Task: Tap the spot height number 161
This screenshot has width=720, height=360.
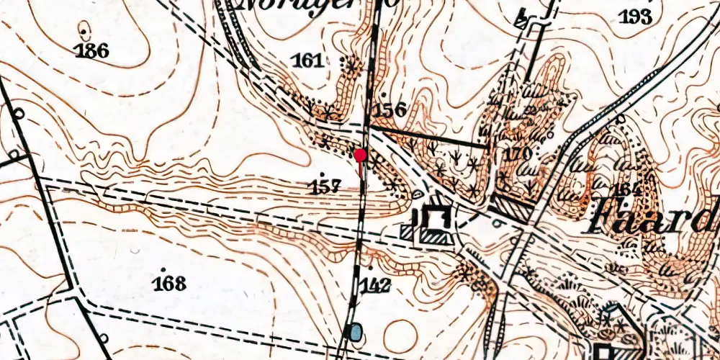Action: [x=308, y=60]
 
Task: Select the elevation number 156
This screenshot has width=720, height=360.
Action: [x=390, y=109]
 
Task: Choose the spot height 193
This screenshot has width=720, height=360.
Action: [x=636, y=17]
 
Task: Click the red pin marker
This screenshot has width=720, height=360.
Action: [x=360, y=154]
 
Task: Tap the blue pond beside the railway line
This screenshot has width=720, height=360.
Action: [x=355, y=332]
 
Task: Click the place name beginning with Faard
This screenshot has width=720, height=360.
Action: [x=652, y=217]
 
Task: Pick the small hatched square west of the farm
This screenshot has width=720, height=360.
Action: [x=407, y=231]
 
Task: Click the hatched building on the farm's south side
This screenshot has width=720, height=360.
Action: [x=434, y=235]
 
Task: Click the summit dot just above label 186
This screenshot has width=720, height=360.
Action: [x=86, y=32]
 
